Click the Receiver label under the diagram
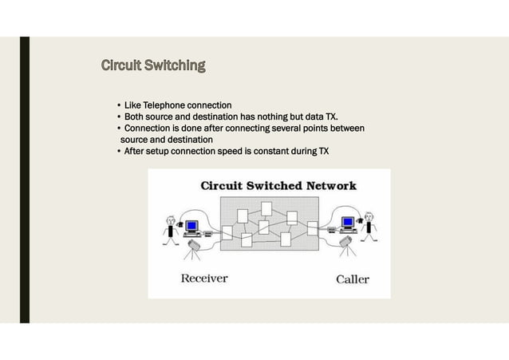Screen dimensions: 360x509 click(204, 279)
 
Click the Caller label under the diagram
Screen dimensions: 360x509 click(352, 279)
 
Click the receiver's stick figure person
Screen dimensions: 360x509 click(170, 225)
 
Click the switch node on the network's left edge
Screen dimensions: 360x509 click(227, 233)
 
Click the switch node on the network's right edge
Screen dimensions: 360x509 click(313, 231)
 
